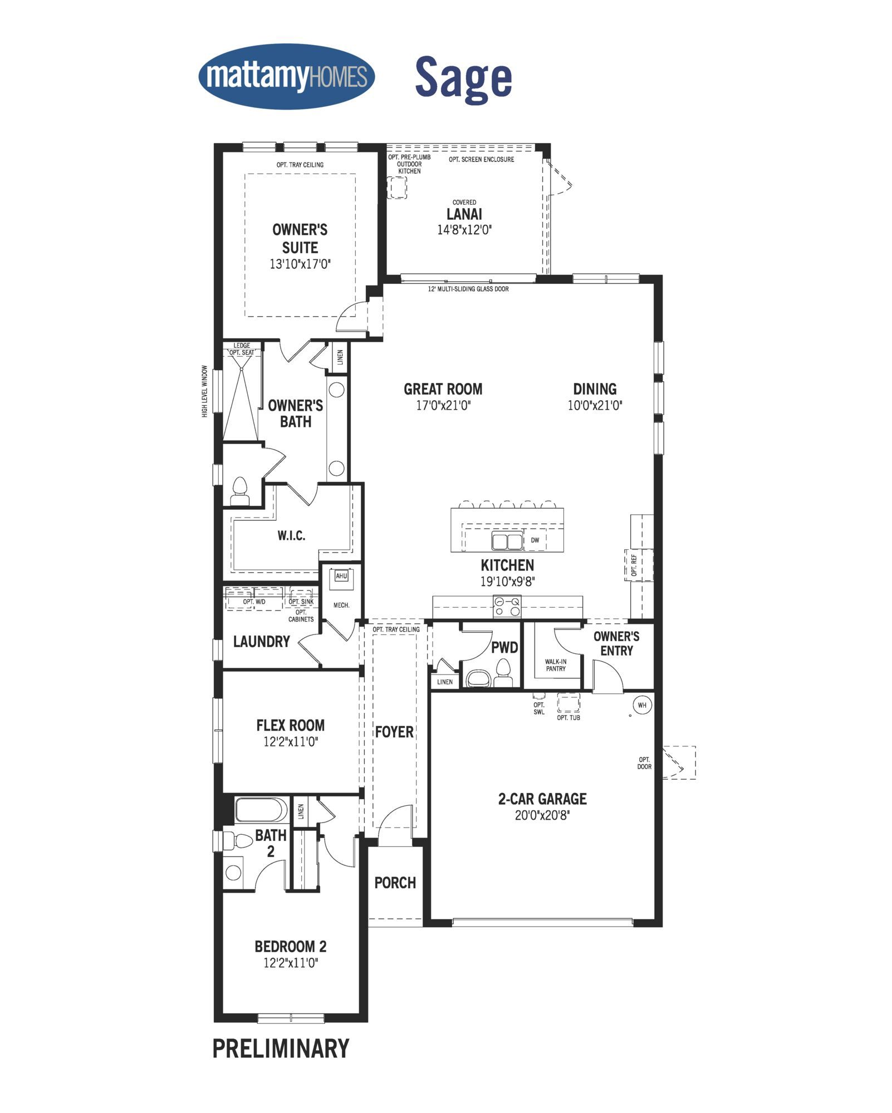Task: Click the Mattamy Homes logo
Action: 286,76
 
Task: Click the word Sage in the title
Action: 463,78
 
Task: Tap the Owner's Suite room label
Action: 300,239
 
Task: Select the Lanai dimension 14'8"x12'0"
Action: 464,230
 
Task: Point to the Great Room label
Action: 443,389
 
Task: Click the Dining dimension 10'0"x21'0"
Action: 595,405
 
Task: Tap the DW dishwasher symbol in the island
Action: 535,540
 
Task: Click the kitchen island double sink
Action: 507,540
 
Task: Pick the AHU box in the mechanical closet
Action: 341,576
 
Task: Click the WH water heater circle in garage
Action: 642,705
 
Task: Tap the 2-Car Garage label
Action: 542,799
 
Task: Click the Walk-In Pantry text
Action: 556,665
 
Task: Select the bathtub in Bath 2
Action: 262,810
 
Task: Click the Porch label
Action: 395,883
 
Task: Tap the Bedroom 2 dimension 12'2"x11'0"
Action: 291,963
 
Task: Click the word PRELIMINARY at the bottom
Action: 281,1048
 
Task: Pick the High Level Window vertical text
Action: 205,391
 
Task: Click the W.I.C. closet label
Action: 291,536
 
